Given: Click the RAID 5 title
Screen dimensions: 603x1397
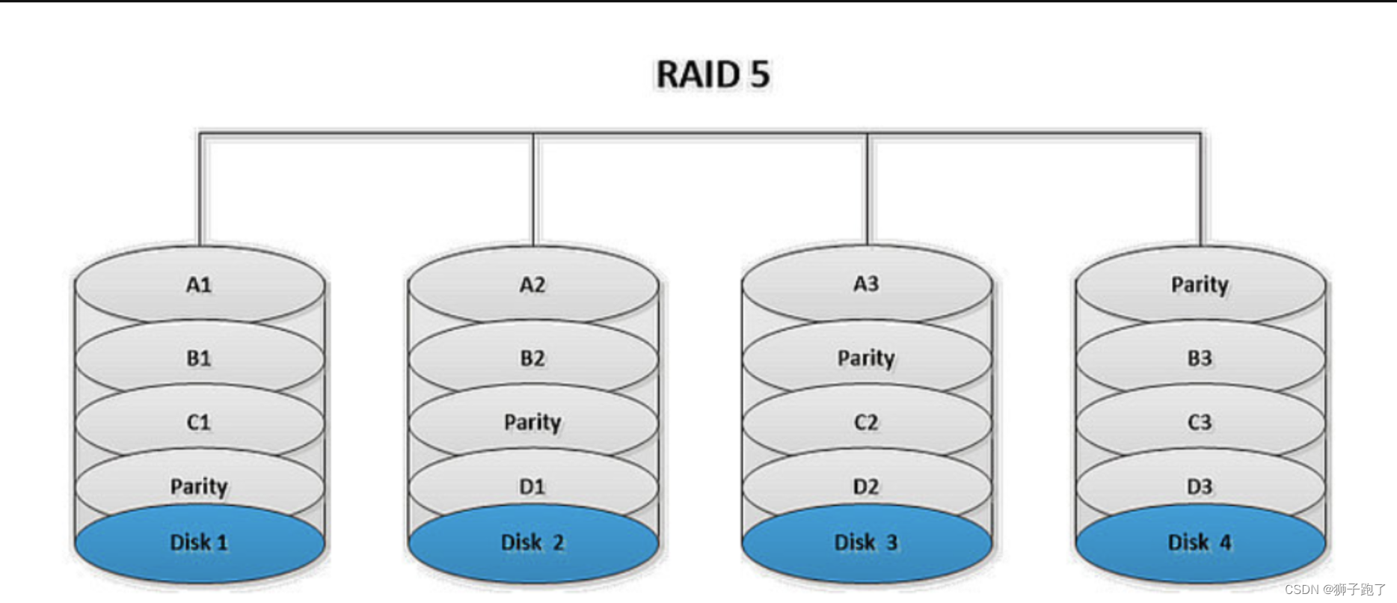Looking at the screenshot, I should pyautogui.click(x=712, y=74).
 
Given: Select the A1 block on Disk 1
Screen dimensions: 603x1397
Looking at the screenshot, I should pyautogui.click(x=199, y=285).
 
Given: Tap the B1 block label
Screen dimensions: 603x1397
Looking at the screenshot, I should pyautogui.click(x=199, y=358).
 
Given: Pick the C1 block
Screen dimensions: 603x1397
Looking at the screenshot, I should pyautogui.click(x=199, y=423).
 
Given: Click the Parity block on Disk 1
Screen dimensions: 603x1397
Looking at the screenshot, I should pyautogui.click(x=199, y=487).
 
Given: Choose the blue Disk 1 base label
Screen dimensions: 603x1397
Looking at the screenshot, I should pyautogui.click(x=199, y=542).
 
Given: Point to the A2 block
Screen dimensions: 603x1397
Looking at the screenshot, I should pyautogui.click(x=532, y=285).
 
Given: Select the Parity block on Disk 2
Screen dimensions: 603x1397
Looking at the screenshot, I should pyautogui.click(x=532, y=423).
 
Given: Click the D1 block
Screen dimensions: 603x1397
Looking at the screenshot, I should pyautogui.click(x=532, y=487).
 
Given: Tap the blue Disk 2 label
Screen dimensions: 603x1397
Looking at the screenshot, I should pyautogui.click(x=532, y=542).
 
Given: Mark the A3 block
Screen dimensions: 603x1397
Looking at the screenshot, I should pyautogui.click(x=866, y=284).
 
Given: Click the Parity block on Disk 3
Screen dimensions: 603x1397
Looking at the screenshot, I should pyautogui.click(x=866, y=358).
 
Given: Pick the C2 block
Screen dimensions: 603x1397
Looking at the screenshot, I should pyautogui.click(x=866, y=423).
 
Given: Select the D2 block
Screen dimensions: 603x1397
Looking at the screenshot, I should pyautogui.click(x=866, y=487).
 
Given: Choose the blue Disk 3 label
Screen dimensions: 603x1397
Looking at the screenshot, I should pyautogui.click(x=866, y=542).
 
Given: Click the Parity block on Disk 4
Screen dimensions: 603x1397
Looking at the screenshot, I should pyautogui.click(x=1200, y=285).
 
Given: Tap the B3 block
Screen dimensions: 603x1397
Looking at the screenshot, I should pyautogui.click(x=1200, y=358).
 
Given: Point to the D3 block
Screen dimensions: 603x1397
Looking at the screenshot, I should pyautogui.click(x=1200, y=487).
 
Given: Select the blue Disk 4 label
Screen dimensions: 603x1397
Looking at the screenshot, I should pyautogui.click(x=1200, y=542).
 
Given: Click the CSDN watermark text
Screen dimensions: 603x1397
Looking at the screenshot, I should pyautogui.click(x=1335, y=590).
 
